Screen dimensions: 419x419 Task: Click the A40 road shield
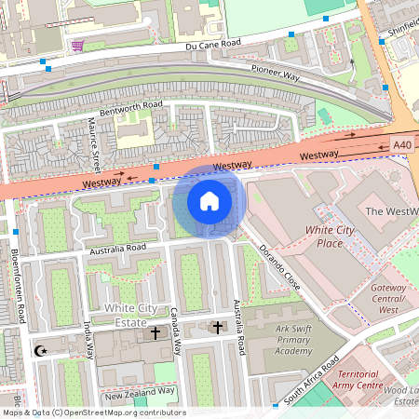[401, 145]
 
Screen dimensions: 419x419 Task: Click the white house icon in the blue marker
[209, 201]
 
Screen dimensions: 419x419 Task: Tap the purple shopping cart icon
[76, 45]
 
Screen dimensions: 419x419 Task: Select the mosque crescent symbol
[39, 351]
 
